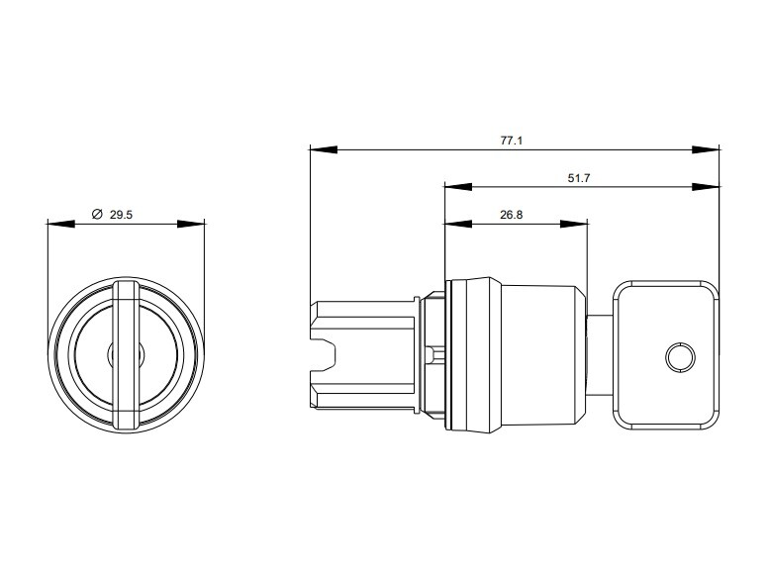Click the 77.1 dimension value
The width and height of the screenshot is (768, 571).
[512, 141]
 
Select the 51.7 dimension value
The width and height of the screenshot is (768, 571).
[579, 178]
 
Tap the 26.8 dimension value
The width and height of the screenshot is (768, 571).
[512, 215]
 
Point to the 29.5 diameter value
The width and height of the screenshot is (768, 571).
[121, 215]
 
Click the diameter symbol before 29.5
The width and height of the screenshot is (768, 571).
[97, 214]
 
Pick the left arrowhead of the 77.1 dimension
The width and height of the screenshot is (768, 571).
[324, 149]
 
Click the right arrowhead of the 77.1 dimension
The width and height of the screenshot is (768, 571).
[706, 149]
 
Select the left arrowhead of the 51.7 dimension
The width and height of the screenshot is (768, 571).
[458, 187]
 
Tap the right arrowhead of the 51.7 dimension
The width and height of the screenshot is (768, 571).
[706, 187]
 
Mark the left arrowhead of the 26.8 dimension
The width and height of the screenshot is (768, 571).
[458, 224]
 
